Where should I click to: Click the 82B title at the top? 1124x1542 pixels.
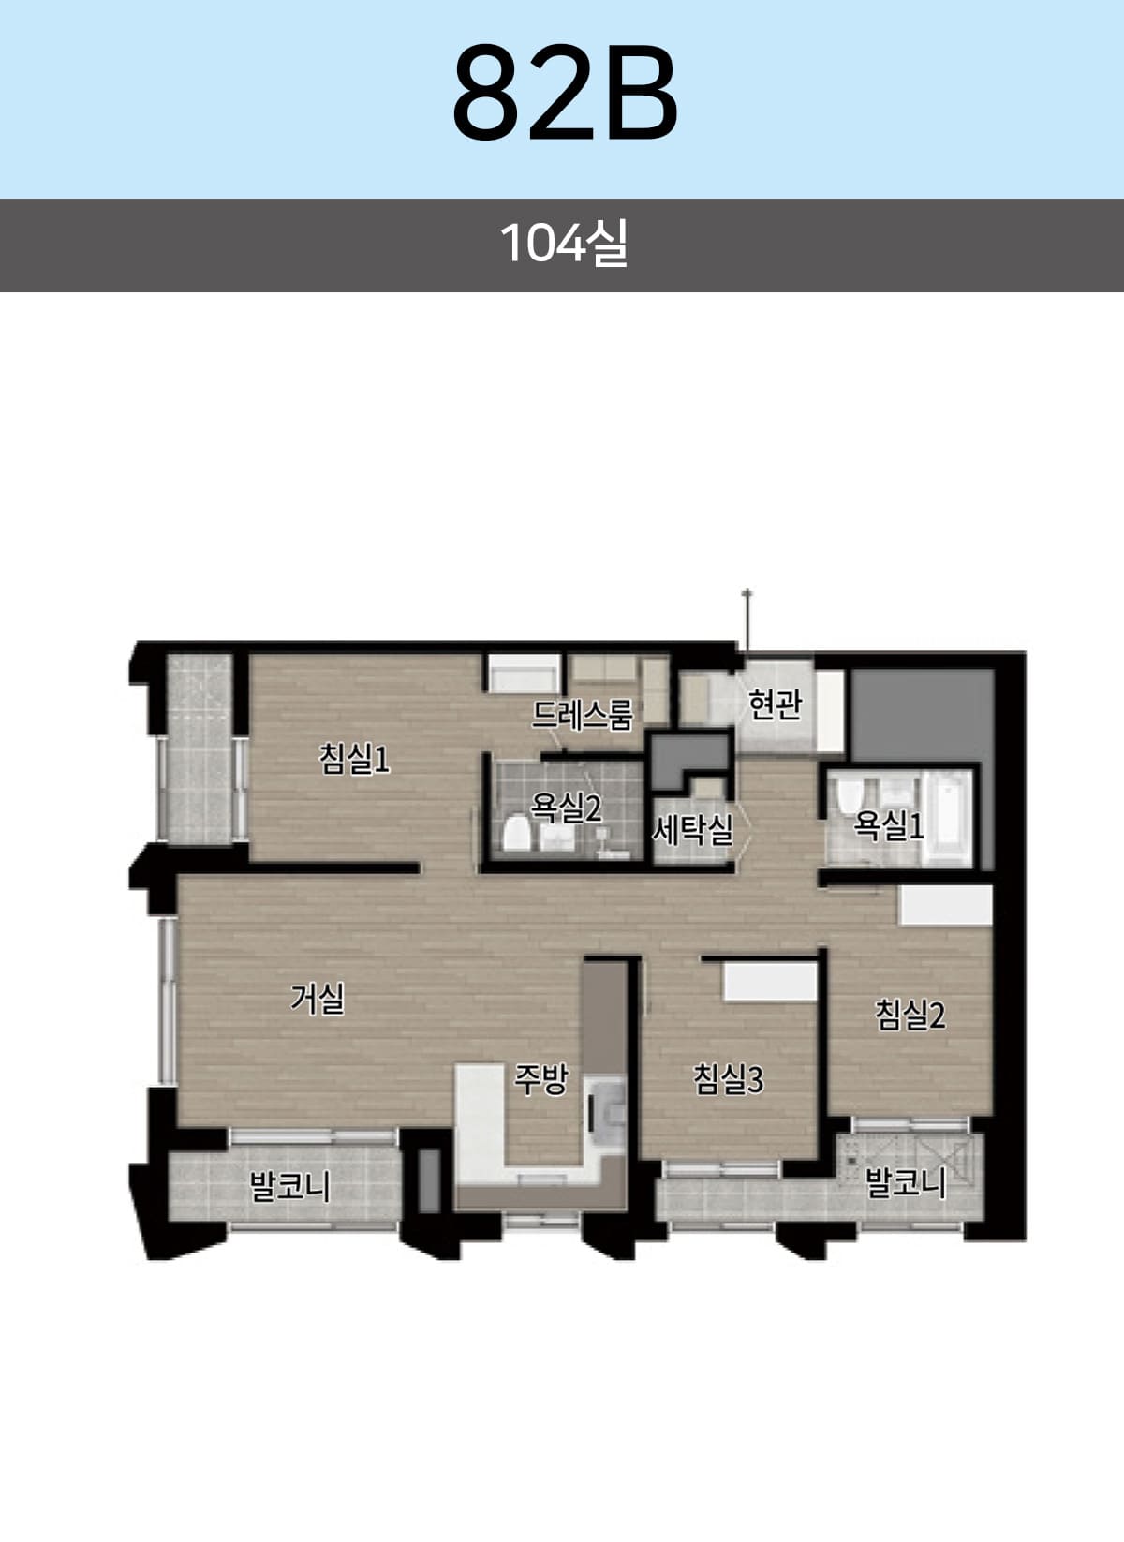(x=565, y=92)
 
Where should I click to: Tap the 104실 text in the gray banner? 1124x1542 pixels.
(x=564, y=243)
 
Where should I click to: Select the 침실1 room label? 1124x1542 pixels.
(x=354, y=759)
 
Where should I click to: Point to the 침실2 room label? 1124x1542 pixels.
(x=910, y=1015)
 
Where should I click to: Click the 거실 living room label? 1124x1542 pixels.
(x=317, y=998)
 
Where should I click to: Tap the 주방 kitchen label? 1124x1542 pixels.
(x=541, y=1079)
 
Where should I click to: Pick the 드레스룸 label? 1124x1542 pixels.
(x=583, y=715)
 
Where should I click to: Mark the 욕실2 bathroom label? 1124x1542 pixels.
(x=566, y=808)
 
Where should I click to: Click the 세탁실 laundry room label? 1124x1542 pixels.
(x=692, y=829)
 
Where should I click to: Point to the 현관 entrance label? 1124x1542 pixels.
(x=775, y=704)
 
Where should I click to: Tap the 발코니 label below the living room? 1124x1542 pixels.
(x=289, y=1186)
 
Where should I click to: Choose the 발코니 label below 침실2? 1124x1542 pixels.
(x=905, y=1182)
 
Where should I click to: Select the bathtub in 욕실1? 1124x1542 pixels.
(x=947, y=818)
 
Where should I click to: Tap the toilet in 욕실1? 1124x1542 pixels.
(x=848, y=796)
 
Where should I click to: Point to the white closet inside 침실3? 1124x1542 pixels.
(x=769, y=981)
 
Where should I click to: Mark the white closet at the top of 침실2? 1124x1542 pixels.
(x=946, y=905)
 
